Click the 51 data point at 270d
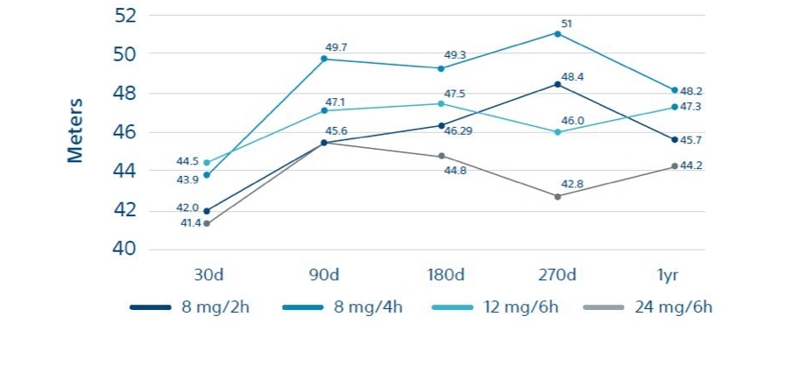(557, 33)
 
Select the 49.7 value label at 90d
(336, 47)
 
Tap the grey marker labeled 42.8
(557, 196)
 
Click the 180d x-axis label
(441, 275)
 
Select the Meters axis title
(75, 130)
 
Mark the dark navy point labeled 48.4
(557, 84)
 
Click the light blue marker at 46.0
(557, 132)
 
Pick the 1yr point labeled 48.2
(675, 90)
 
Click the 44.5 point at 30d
(207, 163)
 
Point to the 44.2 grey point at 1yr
(675, 166)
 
